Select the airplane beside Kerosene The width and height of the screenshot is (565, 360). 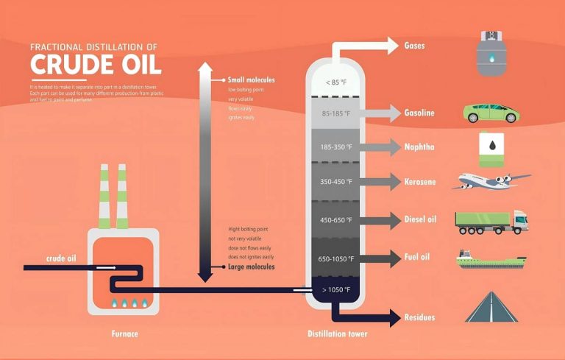494,181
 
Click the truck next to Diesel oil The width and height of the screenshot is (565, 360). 491,222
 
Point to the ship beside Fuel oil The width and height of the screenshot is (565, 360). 491,260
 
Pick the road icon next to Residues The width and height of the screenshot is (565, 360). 493,308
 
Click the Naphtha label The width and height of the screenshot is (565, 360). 419,147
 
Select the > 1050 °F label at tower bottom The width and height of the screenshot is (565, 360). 336,289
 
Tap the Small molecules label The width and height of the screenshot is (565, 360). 252,80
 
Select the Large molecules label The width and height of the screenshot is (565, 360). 251,267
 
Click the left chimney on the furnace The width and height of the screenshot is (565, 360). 104,197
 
